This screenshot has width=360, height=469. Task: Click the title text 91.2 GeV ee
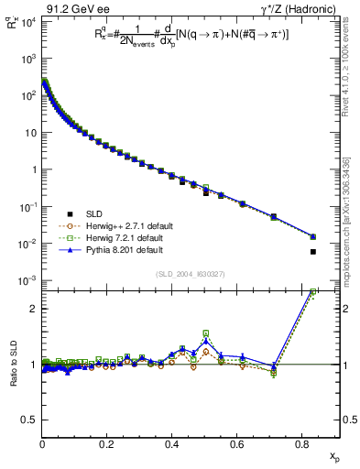pyautogui.click(x=69, y=8)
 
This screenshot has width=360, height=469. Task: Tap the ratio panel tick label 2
pyautogui.click(x=33, y=309)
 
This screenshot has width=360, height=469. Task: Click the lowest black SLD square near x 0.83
pyautogui.click(x=313, y=251)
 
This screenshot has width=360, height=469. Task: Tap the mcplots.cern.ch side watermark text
pyautogui.click(x=352, y=229)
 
